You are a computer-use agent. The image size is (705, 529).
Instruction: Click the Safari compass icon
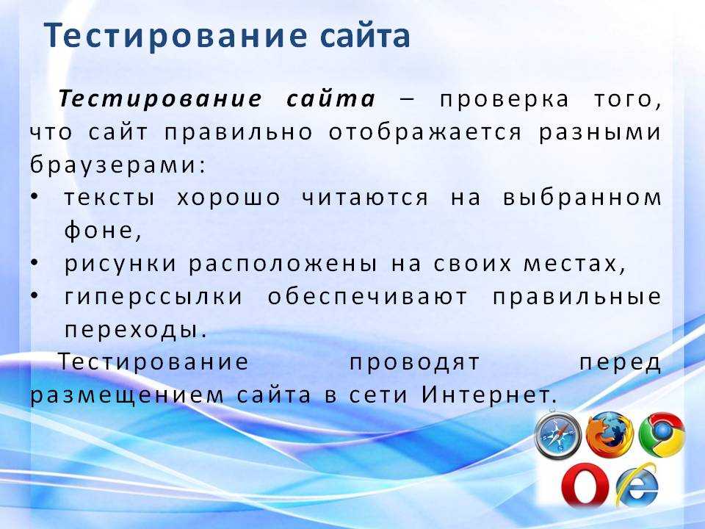[x=557, y=434]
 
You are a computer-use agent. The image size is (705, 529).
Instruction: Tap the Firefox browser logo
[x=610, y=434]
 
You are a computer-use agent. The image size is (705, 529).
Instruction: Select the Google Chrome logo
[x=662, y=434]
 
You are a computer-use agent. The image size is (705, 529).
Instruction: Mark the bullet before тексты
[x=35, y=198]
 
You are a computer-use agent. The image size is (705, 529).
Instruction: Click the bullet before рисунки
[x=35, y=264]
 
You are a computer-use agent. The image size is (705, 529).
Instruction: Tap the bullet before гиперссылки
[x=35, y=296]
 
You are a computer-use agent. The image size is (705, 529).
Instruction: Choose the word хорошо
[x=228, y=198]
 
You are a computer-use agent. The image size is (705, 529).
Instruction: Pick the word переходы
[x=131, y=331]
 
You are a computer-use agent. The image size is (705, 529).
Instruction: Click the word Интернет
[x=485, y=395]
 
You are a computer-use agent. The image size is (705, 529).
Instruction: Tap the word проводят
[x=414, y=363]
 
